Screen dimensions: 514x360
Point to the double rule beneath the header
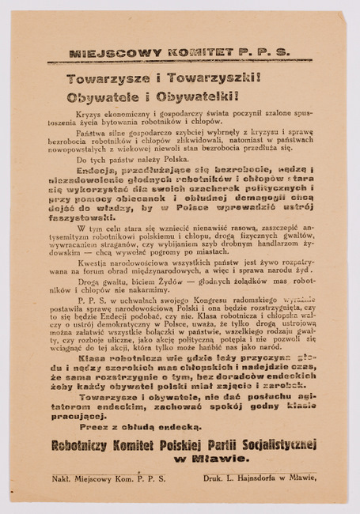point(180,62)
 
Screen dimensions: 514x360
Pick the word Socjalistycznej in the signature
point(270,444)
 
